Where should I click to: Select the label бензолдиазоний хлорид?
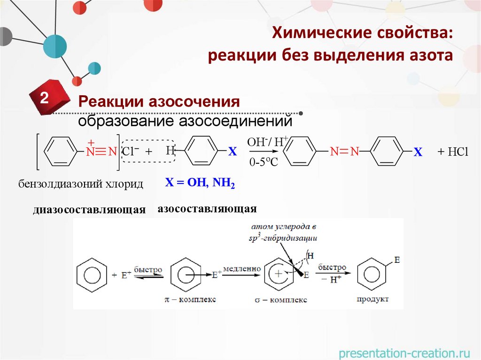81,184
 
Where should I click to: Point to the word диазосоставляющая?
90,209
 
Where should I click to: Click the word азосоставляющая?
207,208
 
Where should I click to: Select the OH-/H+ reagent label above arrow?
265,141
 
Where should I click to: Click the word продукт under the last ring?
372,299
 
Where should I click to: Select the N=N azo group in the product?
344,152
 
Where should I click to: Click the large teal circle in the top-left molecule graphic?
55,46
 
